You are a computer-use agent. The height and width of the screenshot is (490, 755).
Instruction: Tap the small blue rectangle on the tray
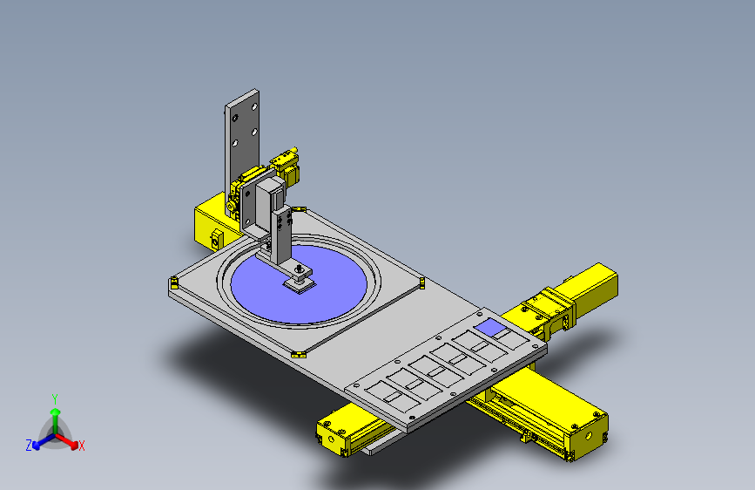pyautogui.click(x=490, y=327)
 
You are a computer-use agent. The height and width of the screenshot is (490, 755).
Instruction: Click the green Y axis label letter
pyautogui.click(x=55, y=399)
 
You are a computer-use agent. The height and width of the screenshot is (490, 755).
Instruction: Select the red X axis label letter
pyautogui.click(x=81, y=446)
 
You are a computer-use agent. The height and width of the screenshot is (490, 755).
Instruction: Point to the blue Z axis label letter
pyautogui.click(x=29, y=446)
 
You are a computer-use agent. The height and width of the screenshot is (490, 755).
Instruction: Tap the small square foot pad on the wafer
pyautogui.click(x=300, y=285)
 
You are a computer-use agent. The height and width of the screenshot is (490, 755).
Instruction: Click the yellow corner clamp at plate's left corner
pyautogui.click(x=174, y=283)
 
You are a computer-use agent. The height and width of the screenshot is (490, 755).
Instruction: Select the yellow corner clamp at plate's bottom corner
pyautogui.click(x=299, y=355)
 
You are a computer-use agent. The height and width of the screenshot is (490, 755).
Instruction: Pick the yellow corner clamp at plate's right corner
pyautogui.click(x=422, y=282)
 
